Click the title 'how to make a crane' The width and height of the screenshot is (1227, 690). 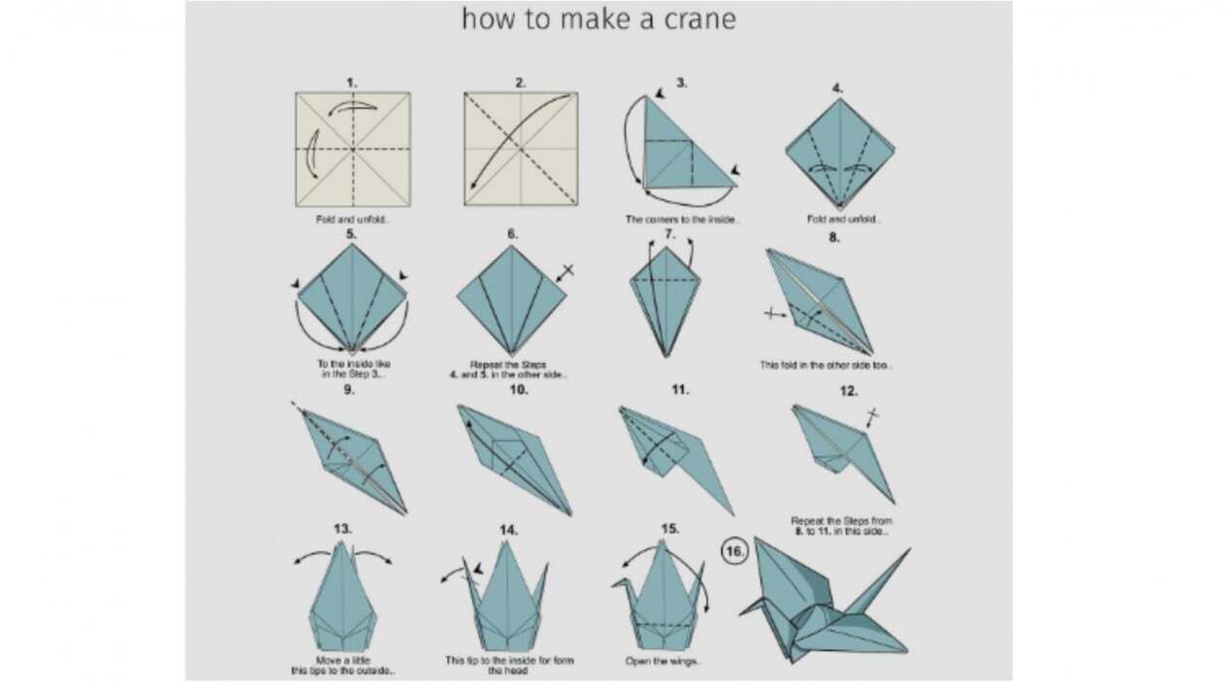tap(597, 19)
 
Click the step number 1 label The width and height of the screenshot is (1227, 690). tap(352, 82)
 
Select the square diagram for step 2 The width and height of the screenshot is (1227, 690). tap(521, 148)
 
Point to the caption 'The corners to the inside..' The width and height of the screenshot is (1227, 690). tap(682, 219)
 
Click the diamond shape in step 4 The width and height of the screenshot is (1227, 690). tap(839, 150)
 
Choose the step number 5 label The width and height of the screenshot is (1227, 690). tap(351, 234)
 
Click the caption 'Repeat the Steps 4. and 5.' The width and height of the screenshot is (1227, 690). tap(511, 370)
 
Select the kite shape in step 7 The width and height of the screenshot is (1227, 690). tap(666, 296)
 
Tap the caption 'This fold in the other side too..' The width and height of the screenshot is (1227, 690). tap(824, 366)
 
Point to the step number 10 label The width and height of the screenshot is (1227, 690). tap(518, 390)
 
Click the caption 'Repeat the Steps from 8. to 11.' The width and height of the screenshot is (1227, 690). tap(840, 526)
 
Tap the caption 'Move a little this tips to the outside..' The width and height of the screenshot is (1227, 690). tap(342, 666)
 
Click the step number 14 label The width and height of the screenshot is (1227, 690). tap(508, 530)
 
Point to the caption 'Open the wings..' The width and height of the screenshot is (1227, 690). tap(663, 662)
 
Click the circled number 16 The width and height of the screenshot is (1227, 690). tap(733, 551)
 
